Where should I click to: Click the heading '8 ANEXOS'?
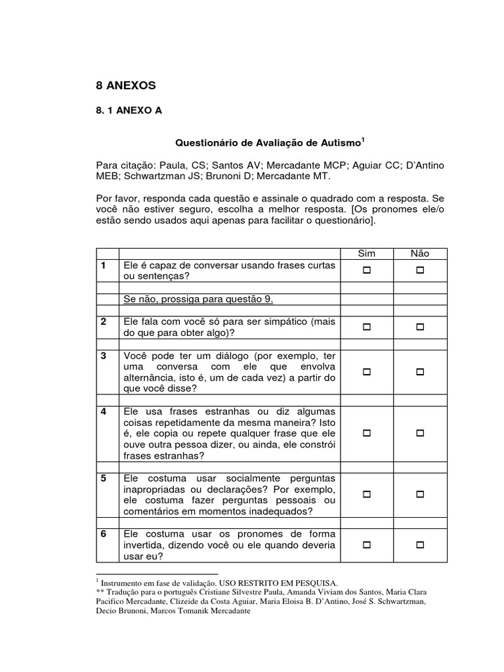pos(126,85)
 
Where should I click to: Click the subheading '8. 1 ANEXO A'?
pos(129,112)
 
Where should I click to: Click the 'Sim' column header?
pos(366,253)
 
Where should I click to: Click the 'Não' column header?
pos(420,253)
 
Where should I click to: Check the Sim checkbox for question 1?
pos(367,270)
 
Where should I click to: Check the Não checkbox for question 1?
pos(420,270)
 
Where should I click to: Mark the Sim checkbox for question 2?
pos(367,327)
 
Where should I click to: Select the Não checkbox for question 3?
pos(420,372)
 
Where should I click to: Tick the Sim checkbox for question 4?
pos(367,434)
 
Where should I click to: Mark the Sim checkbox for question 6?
pos(367,545)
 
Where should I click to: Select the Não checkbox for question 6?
pos(420,545)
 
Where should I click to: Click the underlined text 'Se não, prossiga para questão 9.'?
pos(198,299)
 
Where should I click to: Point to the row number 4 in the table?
pos(104,411)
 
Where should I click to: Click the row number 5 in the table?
pos(104,478)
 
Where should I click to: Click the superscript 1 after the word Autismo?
pos(363,139)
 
